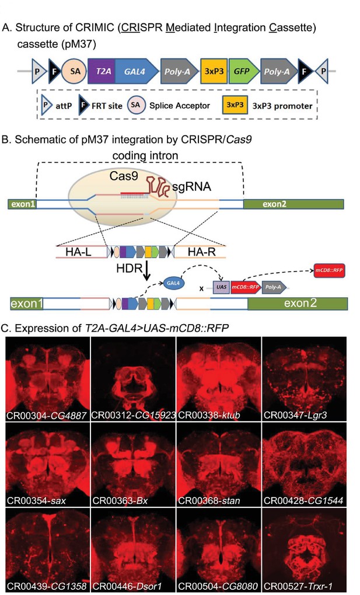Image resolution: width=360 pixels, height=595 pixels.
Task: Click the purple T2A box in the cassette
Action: [x=102, y=71]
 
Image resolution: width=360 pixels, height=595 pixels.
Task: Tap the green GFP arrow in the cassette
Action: [x=243, y=71]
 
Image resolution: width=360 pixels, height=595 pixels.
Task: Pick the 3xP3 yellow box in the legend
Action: [x=235, y=105]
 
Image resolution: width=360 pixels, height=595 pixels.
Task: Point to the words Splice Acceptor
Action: [x=180, y=106]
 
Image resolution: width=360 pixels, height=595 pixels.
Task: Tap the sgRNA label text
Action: [x=191, y=186]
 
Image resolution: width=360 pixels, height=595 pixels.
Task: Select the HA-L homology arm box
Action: [x=82, y=252]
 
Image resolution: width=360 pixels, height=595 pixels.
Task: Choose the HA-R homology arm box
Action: [x=200, y=252]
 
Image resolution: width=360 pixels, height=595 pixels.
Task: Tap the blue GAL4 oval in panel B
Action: [x=173, y=283]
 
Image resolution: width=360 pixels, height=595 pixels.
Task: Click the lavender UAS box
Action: [x=222, y=287]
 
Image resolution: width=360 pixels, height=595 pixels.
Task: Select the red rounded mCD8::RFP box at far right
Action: [x=329, y=270]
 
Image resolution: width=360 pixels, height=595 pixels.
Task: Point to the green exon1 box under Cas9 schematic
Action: [x=22, y=204]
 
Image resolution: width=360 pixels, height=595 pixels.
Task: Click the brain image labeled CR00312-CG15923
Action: [x=133, y=379]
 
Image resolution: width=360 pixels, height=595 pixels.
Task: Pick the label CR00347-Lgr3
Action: [x=295, y=415]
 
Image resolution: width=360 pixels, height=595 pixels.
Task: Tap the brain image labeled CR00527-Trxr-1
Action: [x=304, y=550]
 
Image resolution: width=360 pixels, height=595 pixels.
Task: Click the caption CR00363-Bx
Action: [x=120, y=500]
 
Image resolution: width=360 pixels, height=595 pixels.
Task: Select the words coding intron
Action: [x=145, y=155]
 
